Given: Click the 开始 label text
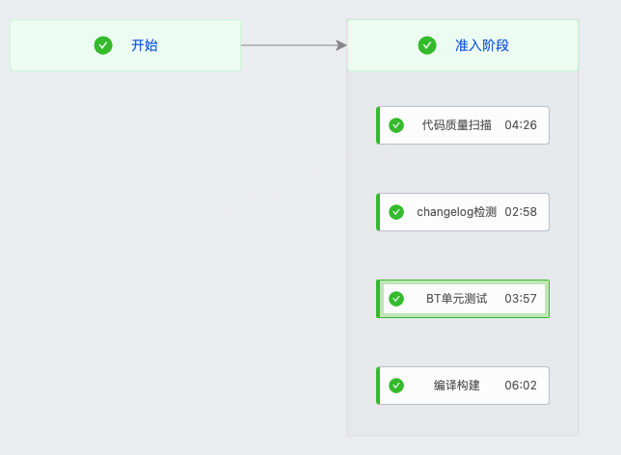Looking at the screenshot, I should [145, 45].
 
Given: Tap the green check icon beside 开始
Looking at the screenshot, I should [103, 45].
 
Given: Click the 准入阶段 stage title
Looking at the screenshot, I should [482, 45].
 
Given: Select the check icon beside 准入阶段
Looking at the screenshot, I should [427, 45].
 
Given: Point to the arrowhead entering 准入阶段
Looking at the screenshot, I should [341, 45].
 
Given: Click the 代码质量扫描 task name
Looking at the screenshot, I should [456, 125].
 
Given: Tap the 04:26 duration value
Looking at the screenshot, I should [521, 125].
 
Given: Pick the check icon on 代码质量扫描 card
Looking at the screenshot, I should [396, 125].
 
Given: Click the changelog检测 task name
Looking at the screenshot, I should [456, 212].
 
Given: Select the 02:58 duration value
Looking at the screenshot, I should [521, 212].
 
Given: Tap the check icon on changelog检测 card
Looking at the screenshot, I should [396, 212].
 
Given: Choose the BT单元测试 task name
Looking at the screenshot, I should [457, 299].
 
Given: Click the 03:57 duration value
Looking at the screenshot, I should [521, 299].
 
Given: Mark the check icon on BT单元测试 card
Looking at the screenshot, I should [396, 299].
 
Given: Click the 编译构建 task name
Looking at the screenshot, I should [457, 386].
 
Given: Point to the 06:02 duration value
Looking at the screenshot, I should [521, 386].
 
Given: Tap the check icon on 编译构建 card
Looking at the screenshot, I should [396, 386].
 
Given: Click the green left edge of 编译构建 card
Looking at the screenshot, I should [378, 386].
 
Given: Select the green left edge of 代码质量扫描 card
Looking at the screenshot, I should [378, 125].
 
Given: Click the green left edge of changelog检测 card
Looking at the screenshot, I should [378, 212].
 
